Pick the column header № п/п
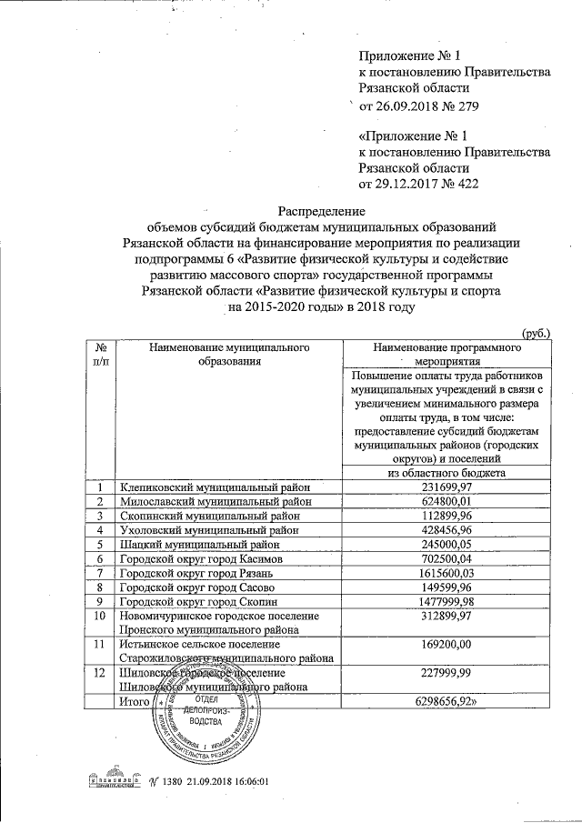tap(102, 354)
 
